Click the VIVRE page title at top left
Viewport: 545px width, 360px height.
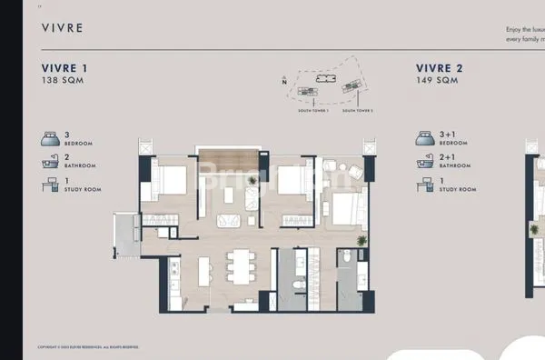coord(62,28)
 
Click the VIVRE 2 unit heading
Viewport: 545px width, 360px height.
coord(440,68)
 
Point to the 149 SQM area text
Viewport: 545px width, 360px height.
coord(436,81)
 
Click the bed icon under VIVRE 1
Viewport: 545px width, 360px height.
coord(50,138)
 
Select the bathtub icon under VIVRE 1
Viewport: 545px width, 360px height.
coord(50,162)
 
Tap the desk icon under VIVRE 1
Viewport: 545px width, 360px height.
coord(50,185)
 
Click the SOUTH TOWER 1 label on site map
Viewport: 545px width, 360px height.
coord(312,110)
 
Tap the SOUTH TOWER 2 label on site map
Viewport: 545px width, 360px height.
coord(358,110)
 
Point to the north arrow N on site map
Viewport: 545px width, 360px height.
coord(284,82)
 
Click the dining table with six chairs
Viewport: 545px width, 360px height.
coord(241,267)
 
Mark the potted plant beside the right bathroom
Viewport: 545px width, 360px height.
coord(362,241)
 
